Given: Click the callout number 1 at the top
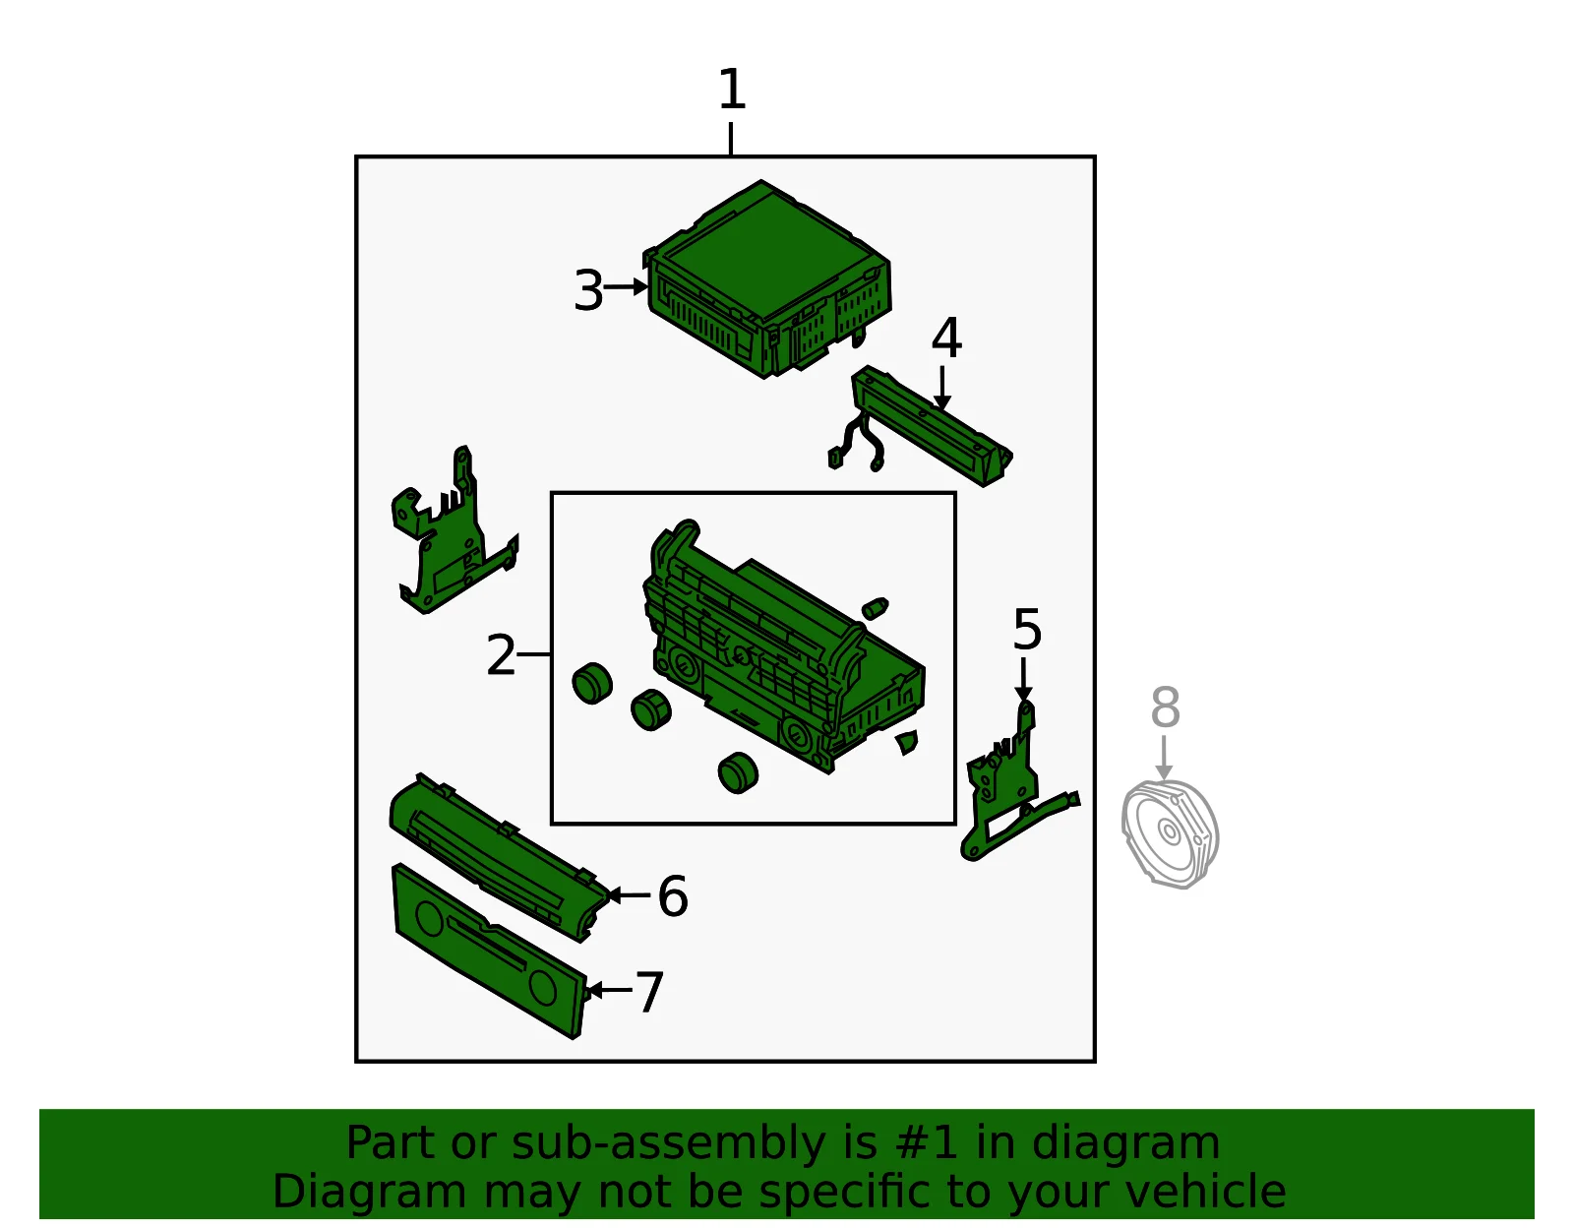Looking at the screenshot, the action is [732, 90].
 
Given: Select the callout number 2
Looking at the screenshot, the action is [501, 655].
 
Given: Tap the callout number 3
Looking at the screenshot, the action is [588, 290].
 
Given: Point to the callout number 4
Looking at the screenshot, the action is [946, 338].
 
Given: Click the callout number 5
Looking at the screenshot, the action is [1027, 629].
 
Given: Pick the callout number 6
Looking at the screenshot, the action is [673, 895].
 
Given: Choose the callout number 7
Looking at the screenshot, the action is [649, 992].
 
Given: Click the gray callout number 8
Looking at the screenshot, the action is [1166, 707].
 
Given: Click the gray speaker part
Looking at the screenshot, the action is [1170, 833].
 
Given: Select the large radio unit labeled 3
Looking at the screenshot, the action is [767, 278].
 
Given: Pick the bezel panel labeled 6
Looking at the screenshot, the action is [500, 857].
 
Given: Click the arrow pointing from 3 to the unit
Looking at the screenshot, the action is [626, 286].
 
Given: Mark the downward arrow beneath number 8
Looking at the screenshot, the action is [1164, 759].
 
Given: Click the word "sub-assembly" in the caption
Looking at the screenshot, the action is [667, 1142].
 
